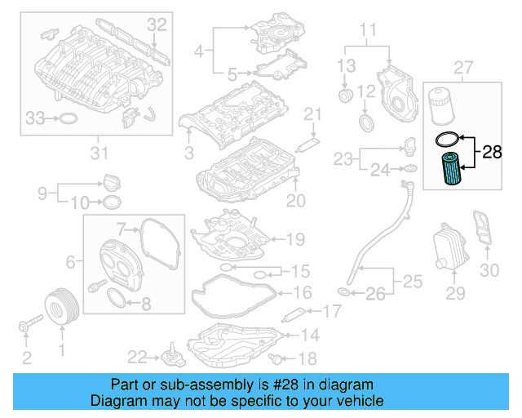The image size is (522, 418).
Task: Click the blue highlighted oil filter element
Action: coord(450,171)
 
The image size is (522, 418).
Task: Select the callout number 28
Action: coord(492,152)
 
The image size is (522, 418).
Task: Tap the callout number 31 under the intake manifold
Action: coord(98,152)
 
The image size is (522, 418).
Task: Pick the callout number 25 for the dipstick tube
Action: coord(413,282)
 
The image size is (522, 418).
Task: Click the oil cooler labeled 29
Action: coord(446,245)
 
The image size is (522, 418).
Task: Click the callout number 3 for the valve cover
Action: coord(188,153)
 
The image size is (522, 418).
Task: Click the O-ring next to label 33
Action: coord(71,119)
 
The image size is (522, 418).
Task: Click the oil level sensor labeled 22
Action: coord(172,358)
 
